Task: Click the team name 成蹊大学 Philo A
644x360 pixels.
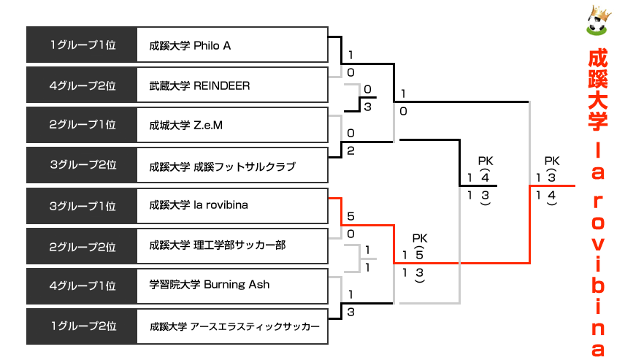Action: [190, 45]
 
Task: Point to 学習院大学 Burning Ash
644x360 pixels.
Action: [209, 284]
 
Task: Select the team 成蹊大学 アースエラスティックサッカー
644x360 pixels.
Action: [234, 326]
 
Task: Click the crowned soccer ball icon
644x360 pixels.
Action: [598, 22]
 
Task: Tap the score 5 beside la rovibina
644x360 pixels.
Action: [351, 217]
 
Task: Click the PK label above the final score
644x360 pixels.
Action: [551, 161]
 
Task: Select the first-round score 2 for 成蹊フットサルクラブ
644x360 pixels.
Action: [351, 151]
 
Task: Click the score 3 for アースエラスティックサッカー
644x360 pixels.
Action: [351, 312]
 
